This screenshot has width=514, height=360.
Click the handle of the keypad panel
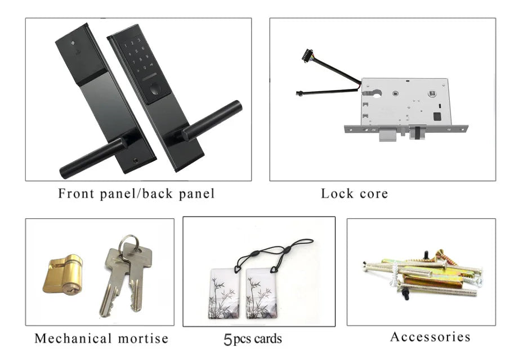pos(213,121)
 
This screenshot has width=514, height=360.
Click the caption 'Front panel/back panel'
pos(136,194)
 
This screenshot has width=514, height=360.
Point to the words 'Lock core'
pos(354,194)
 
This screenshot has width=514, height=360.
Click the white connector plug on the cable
pos(308,55)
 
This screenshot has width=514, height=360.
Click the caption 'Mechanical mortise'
pos(101,339)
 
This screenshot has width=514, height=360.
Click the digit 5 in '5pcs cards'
pos(228,340)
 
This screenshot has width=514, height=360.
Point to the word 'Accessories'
pos(430,337)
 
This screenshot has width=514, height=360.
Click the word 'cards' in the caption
pos(268,340)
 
